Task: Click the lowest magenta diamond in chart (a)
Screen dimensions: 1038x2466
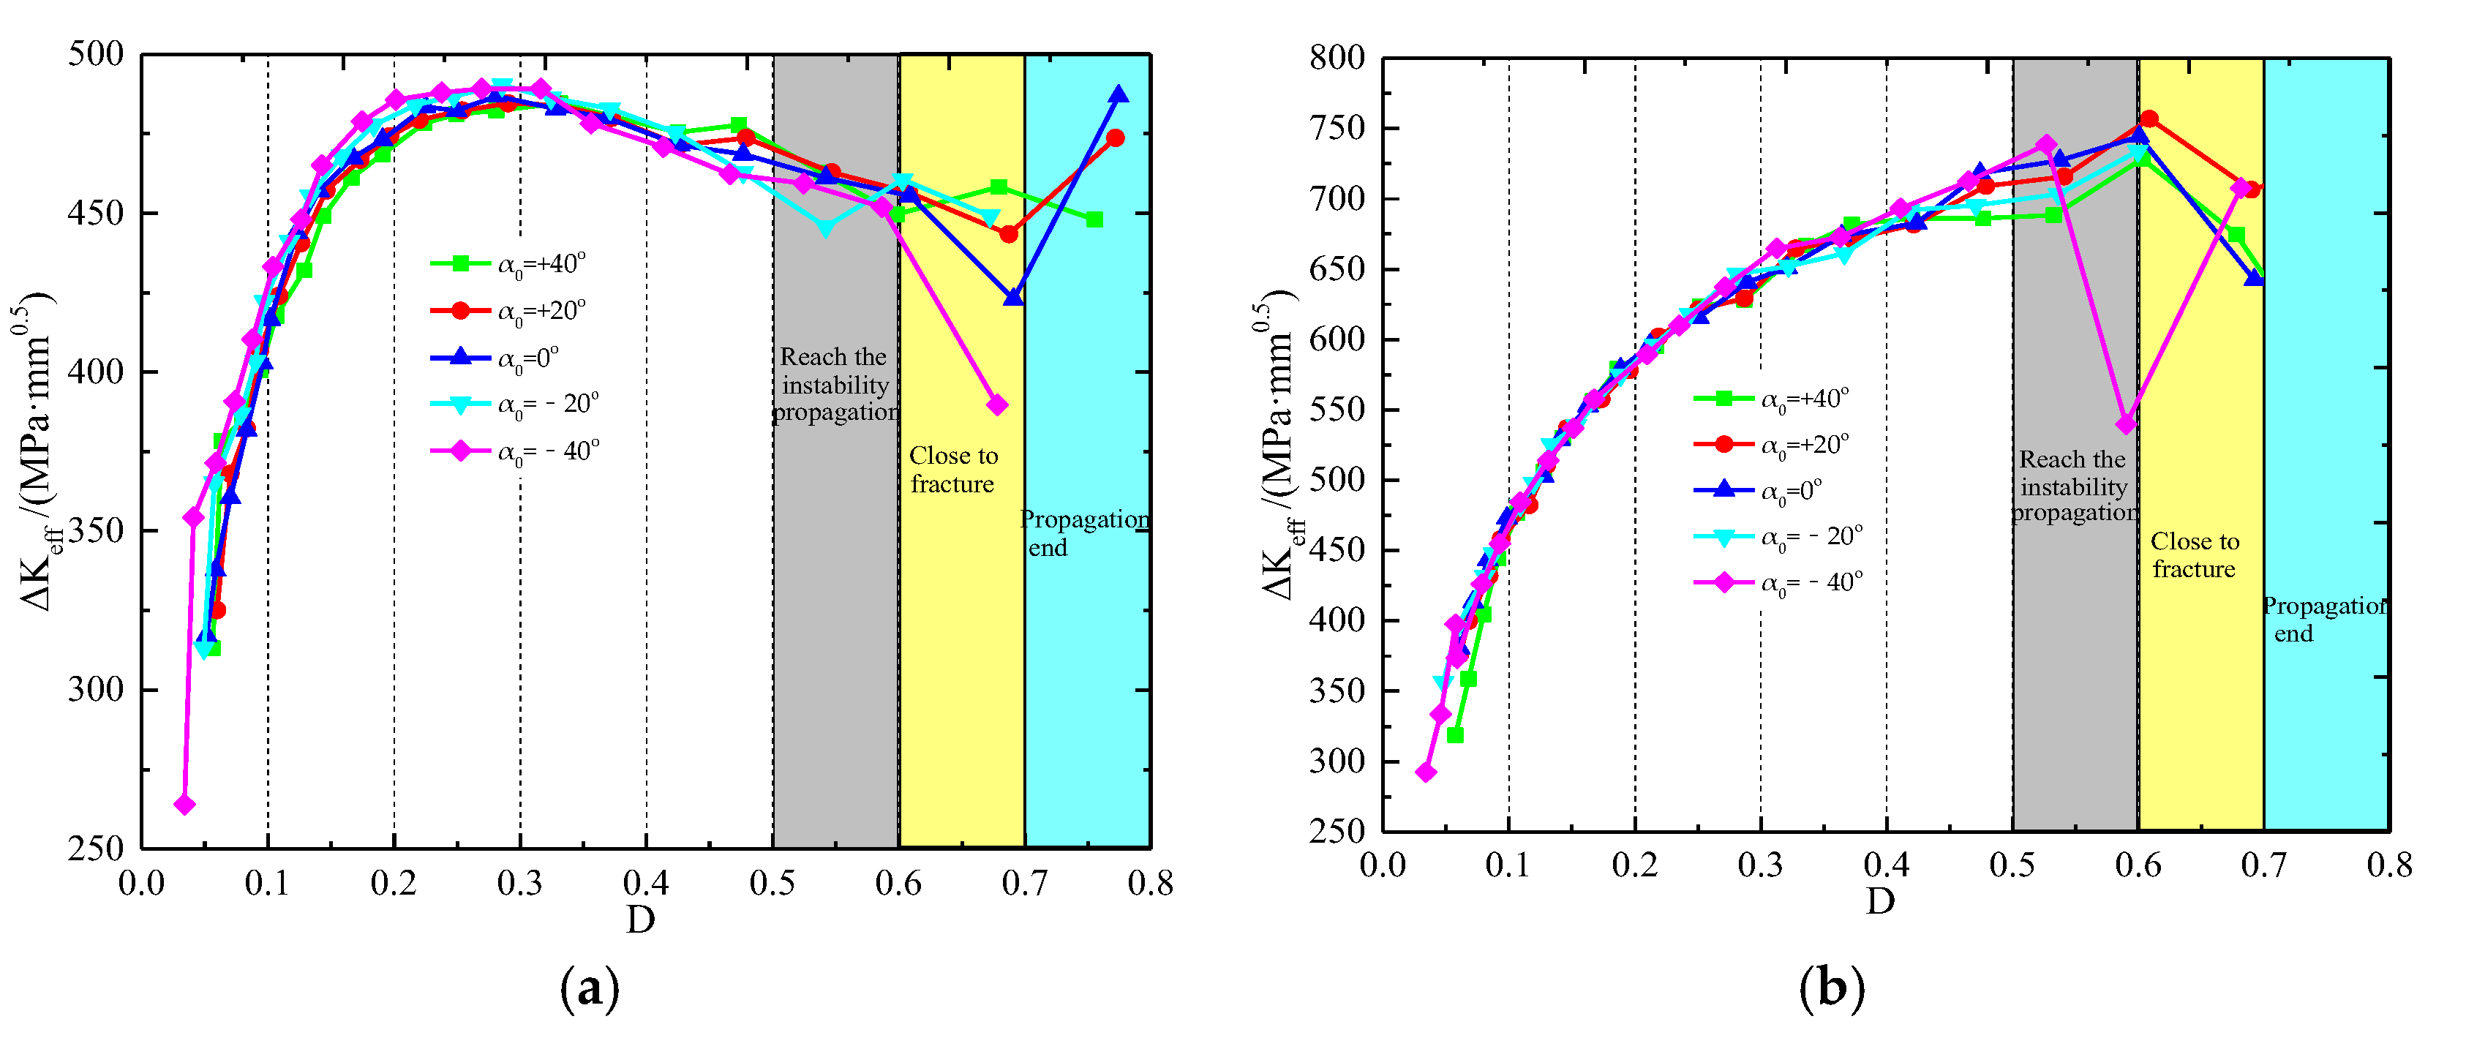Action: (185, 805)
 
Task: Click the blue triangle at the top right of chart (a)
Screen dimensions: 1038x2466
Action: (1118, 94)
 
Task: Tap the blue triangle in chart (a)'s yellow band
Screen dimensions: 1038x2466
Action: (1013, 298)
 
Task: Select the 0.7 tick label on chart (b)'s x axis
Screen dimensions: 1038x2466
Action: (2263, 865)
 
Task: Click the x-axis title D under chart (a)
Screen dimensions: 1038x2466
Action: (640, 920)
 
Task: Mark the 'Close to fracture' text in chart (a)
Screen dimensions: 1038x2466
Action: (953, 469)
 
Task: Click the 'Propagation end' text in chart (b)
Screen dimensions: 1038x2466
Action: (2324, 620)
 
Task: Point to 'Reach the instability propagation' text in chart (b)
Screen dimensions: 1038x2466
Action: (2073, 486)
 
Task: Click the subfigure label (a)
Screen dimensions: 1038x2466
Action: (590, 989)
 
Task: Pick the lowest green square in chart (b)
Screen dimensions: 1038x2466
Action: (1455, 734)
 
